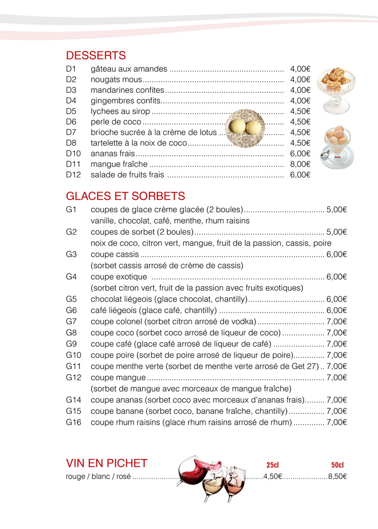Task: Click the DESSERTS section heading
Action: (96, 56)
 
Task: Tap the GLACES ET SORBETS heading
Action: (125, 196)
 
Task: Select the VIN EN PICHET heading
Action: (107, 463)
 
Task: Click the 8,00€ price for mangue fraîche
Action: (300, 165)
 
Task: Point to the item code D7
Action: (71, 133)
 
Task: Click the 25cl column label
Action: (273, 465)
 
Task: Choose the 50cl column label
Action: (337, 465)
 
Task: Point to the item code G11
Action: (74, 366)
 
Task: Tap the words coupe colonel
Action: (116, 322)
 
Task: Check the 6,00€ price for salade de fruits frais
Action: (300, 175)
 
